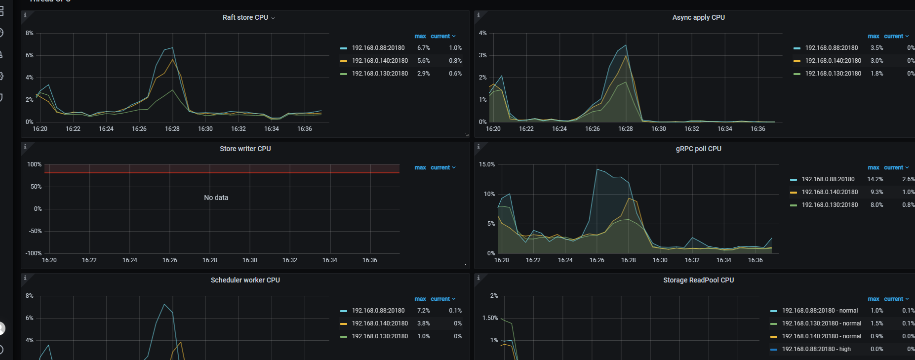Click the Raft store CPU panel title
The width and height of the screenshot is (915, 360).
pos(245,17)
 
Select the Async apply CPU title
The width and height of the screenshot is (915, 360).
pos(698,17)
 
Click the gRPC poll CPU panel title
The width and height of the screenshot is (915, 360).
pos(698,149)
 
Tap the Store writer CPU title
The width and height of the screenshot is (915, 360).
pos(245,149)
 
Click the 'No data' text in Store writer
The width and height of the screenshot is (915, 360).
pos(216,198)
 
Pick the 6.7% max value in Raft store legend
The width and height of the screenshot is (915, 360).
pos(423,48)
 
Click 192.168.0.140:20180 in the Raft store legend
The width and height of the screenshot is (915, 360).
pos(380,61)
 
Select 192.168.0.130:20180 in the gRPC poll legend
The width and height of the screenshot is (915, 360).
pos(830,205)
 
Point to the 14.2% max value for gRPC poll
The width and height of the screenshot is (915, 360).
pos(875,179)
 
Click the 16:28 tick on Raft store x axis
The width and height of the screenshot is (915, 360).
pos(172,129)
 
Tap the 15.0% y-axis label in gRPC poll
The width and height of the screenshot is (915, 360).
pos(486,164)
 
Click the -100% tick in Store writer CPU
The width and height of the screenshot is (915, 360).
pos(34,253)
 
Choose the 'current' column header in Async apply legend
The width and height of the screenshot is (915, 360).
pos(893,36)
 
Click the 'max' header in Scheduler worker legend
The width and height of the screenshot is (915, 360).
pos(420,299)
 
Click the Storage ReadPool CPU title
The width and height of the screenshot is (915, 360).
pos(698,280)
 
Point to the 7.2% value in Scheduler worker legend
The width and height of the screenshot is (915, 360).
pos(423,311)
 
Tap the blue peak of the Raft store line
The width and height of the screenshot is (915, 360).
pos(172,48)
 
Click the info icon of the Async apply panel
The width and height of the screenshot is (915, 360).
pos(478,15)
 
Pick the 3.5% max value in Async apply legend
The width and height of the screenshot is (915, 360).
pos(876,48)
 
